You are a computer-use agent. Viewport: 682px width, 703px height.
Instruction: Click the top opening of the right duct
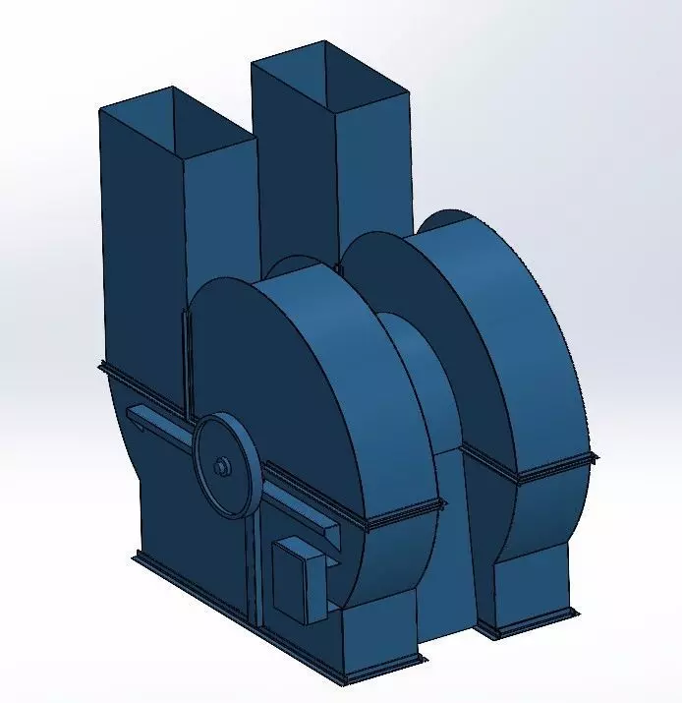pos(328,77)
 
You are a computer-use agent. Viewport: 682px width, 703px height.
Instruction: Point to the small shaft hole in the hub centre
pos(223,465)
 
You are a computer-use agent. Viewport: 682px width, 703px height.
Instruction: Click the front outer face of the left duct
pos(142,246)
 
